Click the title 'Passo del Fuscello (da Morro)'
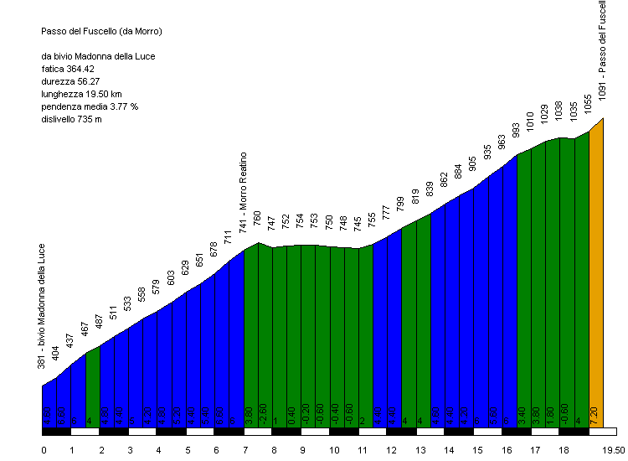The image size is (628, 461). coord(100,31)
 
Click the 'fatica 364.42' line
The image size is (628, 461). coord(68,69)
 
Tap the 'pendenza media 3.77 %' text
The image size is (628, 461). coord(89,106)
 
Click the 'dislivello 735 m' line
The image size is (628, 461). coord(71,119)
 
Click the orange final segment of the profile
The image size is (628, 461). coord(595,277)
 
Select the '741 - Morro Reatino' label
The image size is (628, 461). coord(244,193)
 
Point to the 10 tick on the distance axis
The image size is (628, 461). coord(332,450)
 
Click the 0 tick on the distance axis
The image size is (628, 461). coord(44,450)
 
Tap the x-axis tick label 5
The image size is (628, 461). coord(188,450)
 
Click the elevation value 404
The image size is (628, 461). coord(56,353)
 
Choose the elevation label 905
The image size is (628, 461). coord(473,163)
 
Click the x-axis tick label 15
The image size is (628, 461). coord(476,450)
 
